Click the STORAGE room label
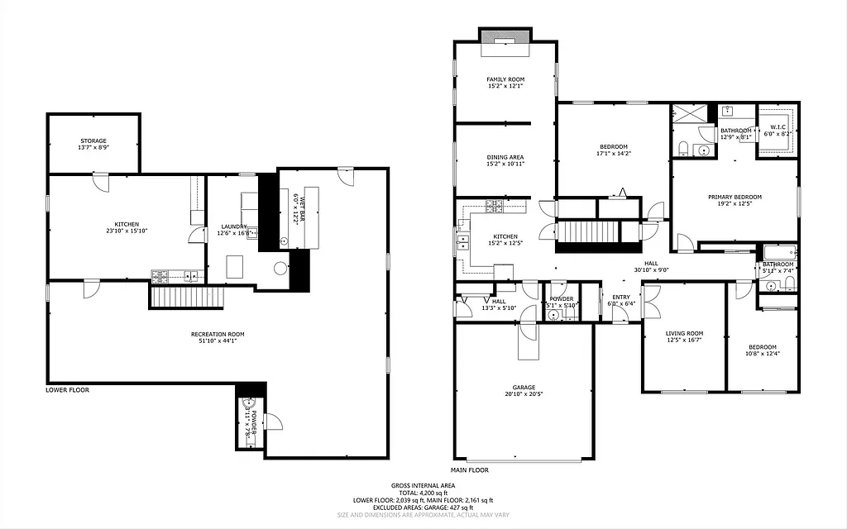coord(93,141)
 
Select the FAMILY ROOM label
coord(505,79)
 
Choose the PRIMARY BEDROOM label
coord(735,197)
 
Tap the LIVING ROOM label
coord(684,333)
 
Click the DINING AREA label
coord(505,157)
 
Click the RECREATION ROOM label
coord(218,334)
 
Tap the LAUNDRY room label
coord(234,226)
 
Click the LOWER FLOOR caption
coord(68,389)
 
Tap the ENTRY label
coord(620,297)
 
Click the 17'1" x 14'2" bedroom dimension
coord(613,154)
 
